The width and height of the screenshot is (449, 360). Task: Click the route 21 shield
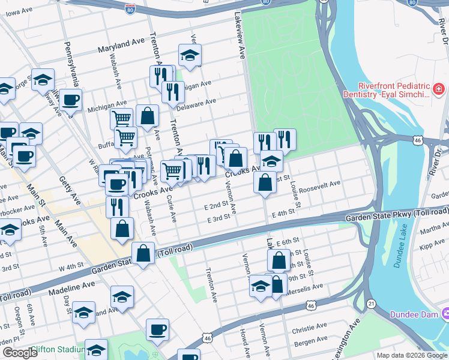point(372,305)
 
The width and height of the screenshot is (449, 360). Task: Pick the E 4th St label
point(284,213)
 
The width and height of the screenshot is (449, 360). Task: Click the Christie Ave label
point(309,330)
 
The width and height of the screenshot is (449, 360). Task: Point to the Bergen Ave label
point(310,342)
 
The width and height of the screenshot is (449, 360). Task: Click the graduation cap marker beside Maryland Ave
point(190,56)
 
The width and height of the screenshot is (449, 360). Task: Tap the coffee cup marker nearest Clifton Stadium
point(157,329)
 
